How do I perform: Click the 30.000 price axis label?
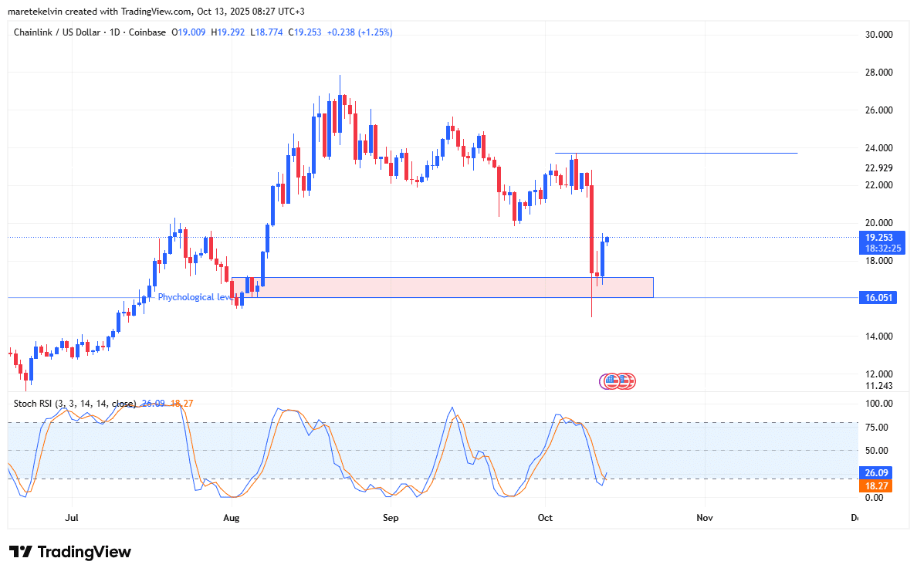pyautogui.click(x=878, y=35)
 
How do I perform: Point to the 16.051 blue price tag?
pyautogui.click(x=877, y=298)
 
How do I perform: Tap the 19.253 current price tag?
pyautogui.click(x=878, y=238)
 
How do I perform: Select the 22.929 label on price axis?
pyautogui.click(x=878, y=168)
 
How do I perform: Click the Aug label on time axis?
pyautogui.click(x=232, y=518)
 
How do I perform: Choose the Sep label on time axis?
pyautogui.click(x=391, y=518)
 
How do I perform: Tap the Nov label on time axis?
pyautogui.click(x=703, y=518)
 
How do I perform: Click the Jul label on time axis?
pyautogui.click(x=73, y=518)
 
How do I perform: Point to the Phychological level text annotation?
pyautogui.click(x=193, y=297)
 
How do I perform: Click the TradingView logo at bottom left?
pyautogui.click(x=69, y=552)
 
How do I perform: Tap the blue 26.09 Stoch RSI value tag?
pyautogui.click(x=877, y=473)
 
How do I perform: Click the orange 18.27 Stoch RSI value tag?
pyautogui.click(x=877, y=486)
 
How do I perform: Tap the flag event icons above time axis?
pyautogui.click(x=618, y=381)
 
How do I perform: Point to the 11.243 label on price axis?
pyautogui.click(x=878, y=386)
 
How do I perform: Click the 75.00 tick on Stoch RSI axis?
pyautogui.click(x=878, y=428)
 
